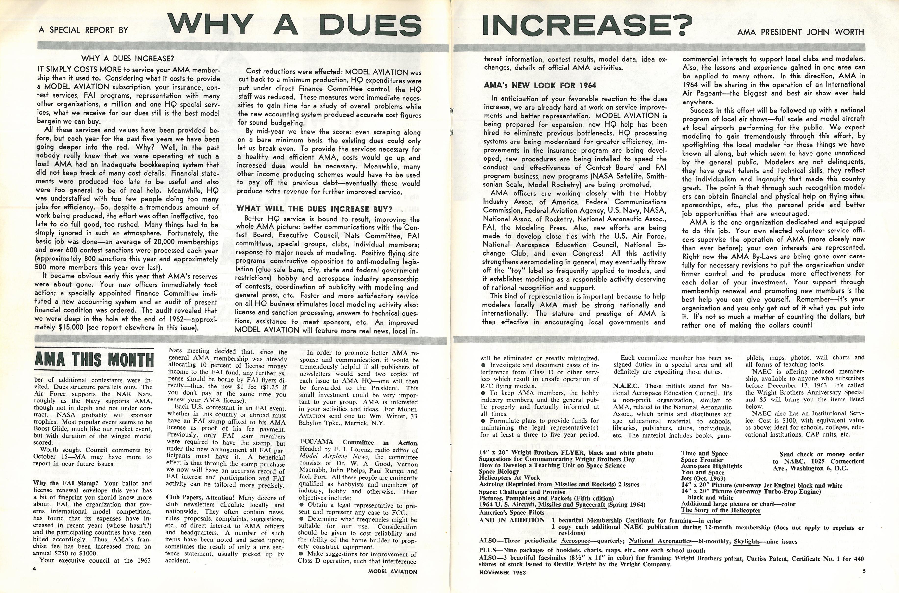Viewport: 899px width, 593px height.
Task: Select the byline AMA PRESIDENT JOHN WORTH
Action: [800, 32]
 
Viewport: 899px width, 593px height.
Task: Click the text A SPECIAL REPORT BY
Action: [84, 30]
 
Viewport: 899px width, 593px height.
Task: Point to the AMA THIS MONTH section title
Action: [94, 359]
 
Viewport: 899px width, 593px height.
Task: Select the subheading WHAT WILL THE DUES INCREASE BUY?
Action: [314, 209]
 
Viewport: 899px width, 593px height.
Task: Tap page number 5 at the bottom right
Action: [864, 571]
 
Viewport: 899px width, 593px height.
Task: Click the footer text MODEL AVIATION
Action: [393, 571]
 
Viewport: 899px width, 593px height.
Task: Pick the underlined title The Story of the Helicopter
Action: [721, 510]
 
